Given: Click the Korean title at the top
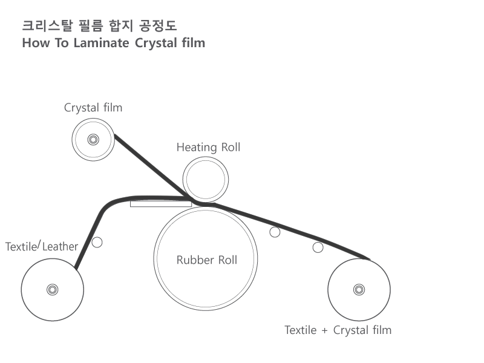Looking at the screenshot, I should pos(99,26).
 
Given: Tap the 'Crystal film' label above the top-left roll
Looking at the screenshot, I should pos(93,108).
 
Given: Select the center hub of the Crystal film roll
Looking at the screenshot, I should pos(93,140).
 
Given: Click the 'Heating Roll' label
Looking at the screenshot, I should pos(208,147).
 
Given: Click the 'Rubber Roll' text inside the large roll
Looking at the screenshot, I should pos(206,260).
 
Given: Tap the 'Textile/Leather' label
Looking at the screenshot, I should pos(42,246).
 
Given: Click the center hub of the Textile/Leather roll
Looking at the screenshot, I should pos(53,289).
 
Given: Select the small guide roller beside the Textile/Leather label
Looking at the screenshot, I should pos(97,242).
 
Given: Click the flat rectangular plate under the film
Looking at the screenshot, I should pos(160,203).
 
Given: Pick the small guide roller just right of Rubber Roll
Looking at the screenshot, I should pos(275,232).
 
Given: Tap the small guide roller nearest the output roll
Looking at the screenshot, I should pos(318,247).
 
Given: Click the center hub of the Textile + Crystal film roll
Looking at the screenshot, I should pos(359,289).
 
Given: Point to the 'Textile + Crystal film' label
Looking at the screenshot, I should pos(338,330).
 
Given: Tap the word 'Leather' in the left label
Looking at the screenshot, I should pos(60,247).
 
